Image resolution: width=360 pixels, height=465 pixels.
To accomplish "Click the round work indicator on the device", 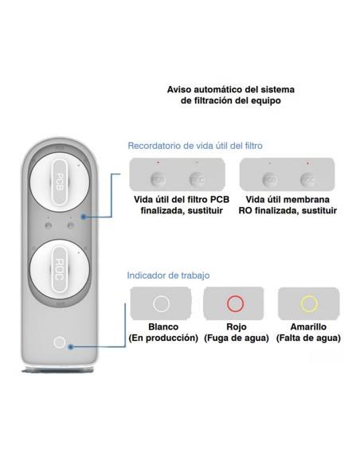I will point(60,343).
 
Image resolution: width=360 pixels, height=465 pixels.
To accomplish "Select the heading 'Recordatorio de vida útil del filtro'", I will point(195,146).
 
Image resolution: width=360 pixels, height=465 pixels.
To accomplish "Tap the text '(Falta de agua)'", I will point(309,338).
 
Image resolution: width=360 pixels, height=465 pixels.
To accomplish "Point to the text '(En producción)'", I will point(162,338).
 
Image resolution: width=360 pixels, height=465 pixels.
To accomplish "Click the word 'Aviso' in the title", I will point(179,90).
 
